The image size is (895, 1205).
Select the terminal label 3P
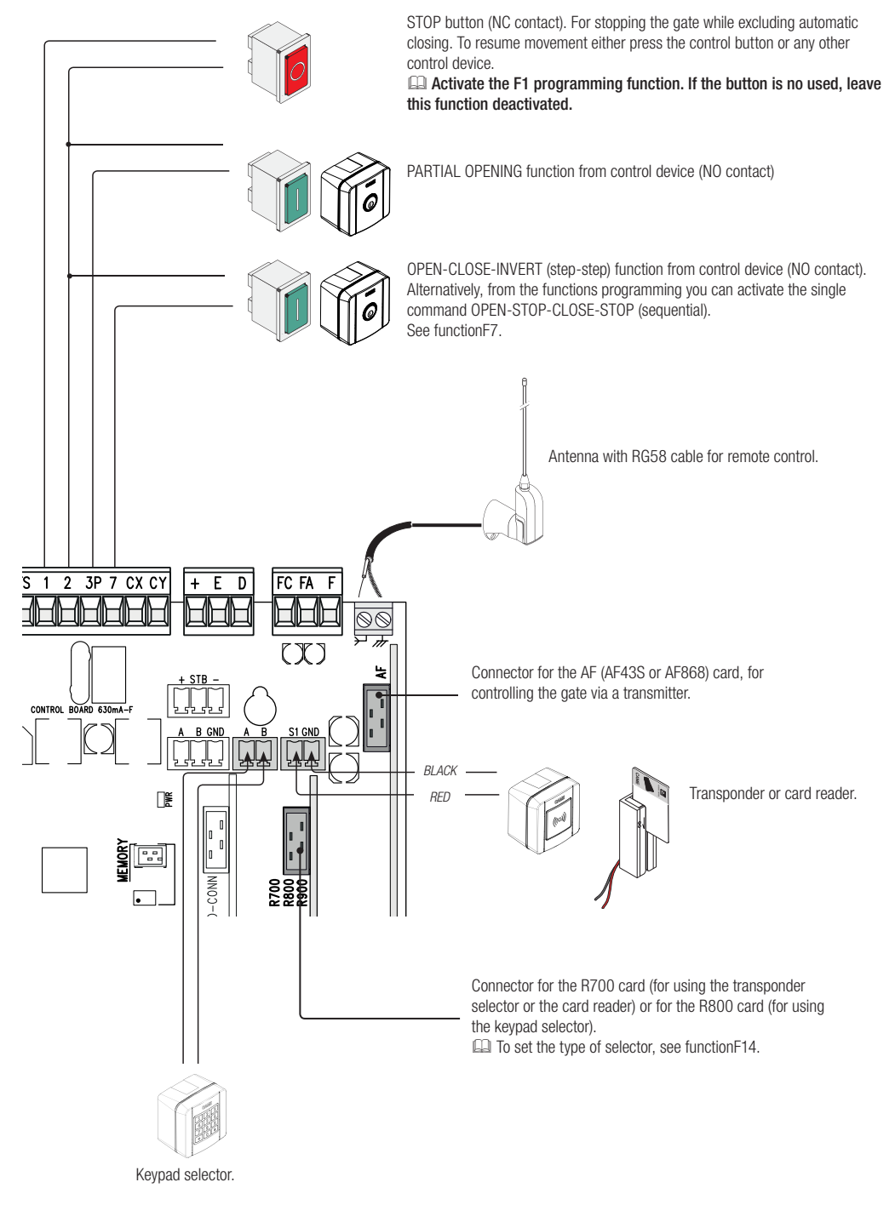pos(94,583)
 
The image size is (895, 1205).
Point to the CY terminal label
pos(158,583)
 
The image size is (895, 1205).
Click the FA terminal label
pos(306,583)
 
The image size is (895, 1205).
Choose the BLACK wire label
pos(440,770)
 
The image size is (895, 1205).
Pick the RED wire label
pos(440,797)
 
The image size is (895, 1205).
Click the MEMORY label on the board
pos(123,860)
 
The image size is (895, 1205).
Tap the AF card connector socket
pos(376,717)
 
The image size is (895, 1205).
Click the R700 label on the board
pos(274,893)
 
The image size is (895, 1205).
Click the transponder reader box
pos(543,811)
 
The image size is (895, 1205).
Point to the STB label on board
pos(198,680)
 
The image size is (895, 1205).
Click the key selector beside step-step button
pos(355,304)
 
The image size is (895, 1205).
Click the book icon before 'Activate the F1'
pos(417,83)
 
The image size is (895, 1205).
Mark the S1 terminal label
pos(294,732)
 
